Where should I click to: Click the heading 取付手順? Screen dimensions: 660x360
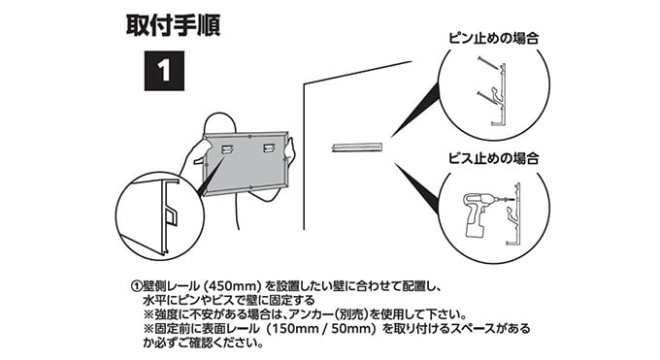[x=173, y=25]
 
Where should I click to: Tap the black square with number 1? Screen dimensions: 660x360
[x=164, y=71]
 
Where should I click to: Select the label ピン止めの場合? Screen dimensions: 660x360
[x=493, y=39]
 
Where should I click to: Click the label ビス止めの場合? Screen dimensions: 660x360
[x=493, y=158]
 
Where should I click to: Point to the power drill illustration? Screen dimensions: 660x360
[x=483, y=213]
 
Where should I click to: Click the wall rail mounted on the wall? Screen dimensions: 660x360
[x=357, y=147]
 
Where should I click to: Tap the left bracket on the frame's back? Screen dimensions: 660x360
[x=227, y=148]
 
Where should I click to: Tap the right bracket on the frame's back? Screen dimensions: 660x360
[x=269, y=147]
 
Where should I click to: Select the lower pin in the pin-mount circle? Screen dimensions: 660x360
[x=489, y=97]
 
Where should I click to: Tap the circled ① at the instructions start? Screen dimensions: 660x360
[x=137, y=286]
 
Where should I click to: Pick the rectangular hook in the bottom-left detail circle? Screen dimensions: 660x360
[x=172, y=216]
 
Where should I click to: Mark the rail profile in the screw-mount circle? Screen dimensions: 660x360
[x=514, y=213]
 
